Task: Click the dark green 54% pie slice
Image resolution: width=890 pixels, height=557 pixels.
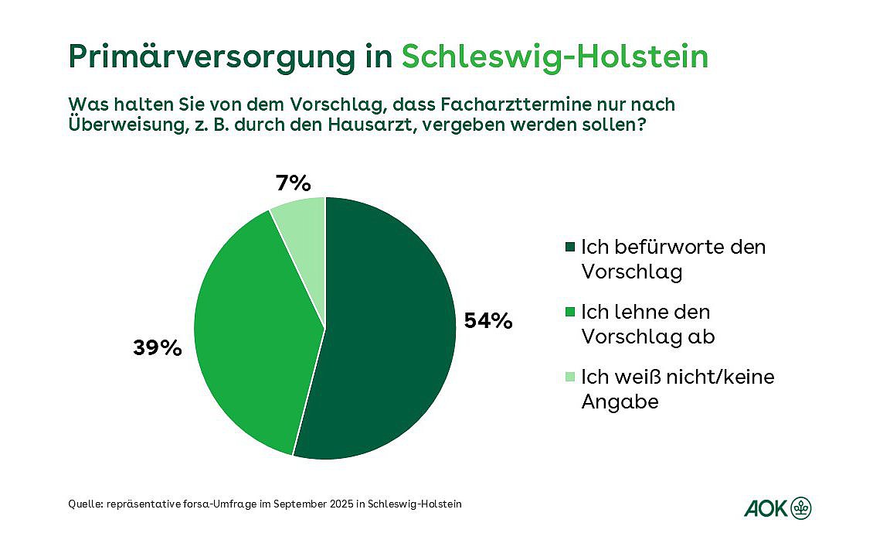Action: tap(386, 333)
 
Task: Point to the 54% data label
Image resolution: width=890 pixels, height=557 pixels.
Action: tap(488, 320)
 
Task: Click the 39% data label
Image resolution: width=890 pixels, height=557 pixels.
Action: tap(158, 348)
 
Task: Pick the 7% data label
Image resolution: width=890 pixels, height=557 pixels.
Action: tap(293, 183)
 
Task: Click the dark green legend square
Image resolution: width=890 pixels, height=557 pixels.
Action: tap(571, 247)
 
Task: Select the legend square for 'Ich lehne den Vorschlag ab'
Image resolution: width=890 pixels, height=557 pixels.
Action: tap(571, 312)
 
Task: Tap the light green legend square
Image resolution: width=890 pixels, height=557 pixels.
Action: tap(571, 377)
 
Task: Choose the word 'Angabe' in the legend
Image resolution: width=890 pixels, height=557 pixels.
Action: tap(620, 402)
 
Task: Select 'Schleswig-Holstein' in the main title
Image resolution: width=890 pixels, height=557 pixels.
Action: tap(555, 57)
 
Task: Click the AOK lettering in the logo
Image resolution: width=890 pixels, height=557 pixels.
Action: tap(765, 508)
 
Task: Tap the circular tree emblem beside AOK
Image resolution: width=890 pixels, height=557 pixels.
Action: tap(801, 508)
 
